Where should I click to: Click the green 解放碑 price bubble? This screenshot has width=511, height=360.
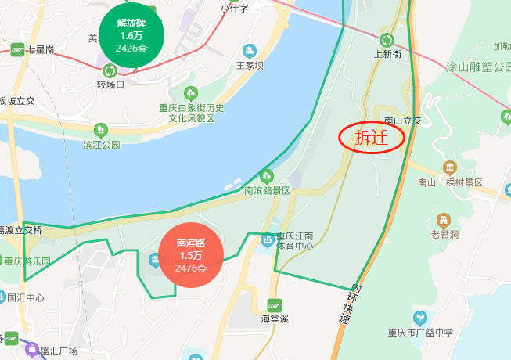[132, 36]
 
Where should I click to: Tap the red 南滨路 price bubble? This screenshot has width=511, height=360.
[191, 256]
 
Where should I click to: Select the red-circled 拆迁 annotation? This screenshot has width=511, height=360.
[371, 138]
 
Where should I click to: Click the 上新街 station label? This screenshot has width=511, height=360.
[387, 54]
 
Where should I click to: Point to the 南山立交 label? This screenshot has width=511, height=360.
[402, 121]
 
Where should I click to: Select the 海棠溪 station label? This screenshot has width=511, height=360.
[275, 319]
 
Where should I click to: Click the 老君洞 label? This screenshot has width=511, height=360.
[444, 233]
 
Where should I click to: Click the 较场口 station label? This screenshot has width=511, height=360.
[110, 84]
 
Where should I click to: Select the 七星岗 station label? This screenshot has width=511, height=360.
[39, 49]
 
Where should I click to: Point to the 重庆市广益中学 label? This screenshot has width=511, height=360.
[420, 332]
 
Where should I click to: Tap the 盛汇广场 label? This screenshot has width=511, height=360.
[59, 350]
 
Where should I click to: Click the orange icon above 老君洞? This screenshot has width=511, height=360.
[444, 219]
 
